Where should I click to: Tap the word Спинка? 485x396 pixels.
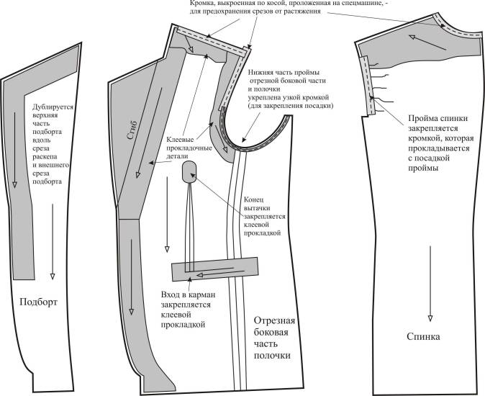424,336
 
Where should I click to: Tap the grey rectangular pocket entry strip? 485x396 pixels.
214,270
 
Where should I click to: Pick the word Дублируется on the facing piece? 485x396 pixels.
53,107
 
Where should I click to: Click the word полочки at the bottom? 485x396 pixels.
273,356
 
